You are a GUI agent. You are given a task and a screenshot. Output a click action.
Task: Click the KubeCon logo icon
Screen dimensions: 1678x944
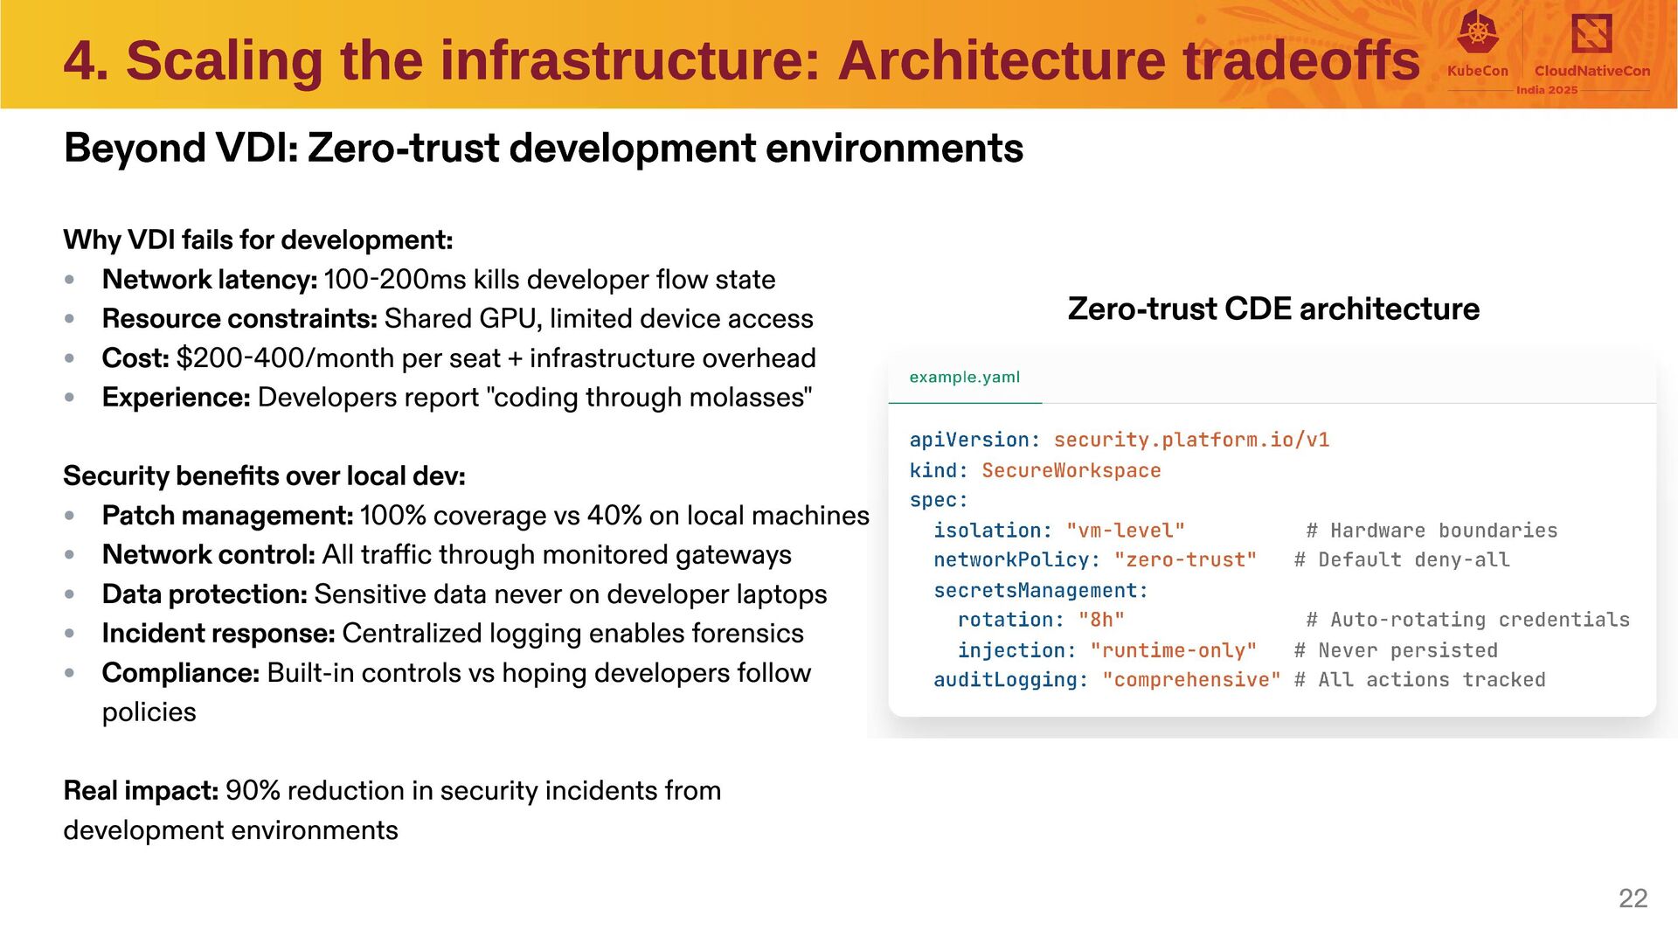(x=1477, y=32)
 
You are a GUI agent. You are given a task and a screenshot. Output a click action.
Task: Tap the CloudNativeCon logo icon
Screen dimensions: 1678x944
(x=1591, y=34)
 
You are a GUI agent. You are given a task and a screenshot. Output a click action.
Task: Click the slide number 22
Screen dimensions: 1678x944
(x=1633, y=898)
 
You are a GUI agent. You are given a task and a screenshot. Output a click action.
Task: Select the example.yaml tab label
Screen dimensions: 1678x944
(x=964, y=378)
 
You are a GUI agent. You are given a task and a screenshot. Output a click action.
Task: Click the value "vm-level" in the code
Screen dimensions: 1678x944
(x=1125, y=531)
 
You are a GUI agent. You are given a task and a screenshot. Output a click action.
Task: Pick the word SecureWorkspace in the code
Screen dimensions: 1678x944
(x=1071, y=470)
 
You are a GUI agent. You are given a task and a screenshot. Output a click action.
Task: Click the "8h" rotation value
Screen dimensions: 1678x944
(x=1101, y=620)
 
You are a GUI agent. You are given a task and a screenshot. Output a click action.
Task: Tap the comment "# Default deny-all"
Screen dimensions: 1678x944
(x=1402, y=560)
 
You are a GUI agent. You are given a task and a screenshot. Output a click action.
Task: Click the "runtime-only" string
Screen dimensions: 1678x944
(x=1173, y=650)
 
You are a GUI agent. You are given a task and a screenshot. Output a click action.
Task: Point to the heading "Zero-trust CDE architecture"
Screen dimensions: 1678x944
(x=1273, y=309)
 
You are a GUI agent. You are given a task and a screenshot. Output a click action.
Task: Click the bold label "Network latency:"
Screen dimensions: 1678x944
(x=210, y=280)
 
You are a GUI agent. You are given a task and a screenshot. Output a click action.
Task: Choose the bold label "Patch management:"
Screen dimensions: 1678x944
(x=227, y=516)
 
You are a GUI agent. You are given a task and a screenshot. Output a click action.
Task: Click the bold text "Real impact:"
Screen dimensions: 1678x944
(x=141, y=791)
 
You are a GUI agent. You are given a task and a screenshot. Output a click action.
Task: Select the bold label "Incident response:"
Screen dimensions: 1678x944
(x=218, y=634)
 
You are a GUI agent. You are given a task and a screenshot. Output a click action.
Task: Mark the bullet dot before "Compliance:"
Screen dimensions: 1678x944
(x=70, y=673)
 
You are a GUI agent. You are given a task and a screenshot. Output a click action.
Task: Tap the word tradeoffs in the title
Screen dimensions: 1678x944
(x=1301, y=61)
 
